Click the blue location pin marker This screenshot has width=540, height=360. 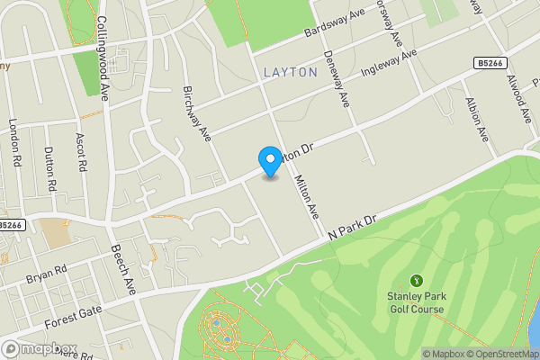click(269, 160)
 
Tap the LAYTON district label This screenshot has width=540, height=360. click(291, 71)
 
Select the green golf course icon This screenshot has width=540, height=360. click(417, 281)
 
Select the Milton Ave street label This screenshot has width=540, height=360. click(308, 196)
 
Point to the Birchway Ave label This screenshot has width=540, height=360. click(196, 113)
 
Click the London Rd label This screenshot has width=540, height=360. click(15, 143)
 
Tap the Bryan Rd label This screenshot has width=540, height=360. click(47, 269)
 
